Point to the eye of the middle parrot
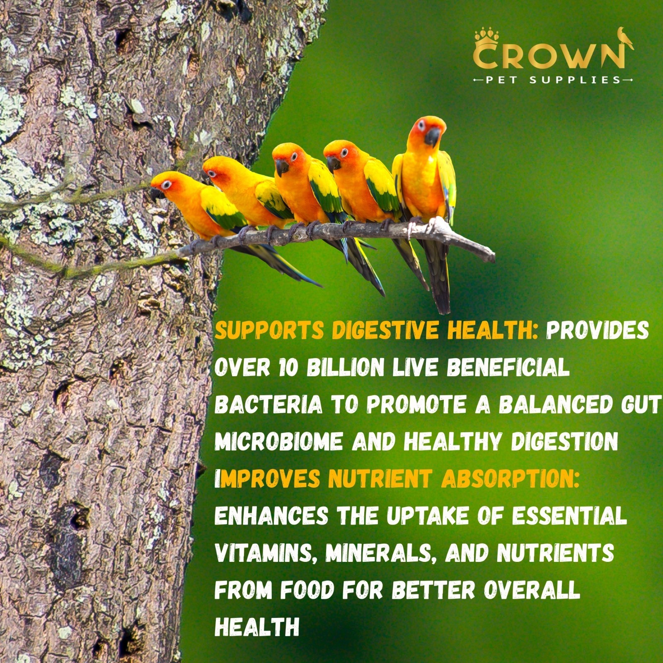[x=294, y=157]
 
